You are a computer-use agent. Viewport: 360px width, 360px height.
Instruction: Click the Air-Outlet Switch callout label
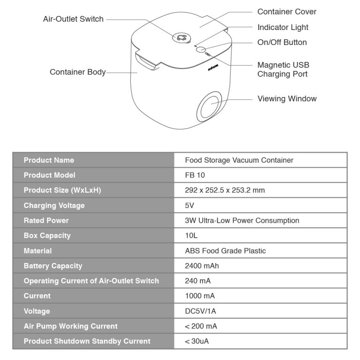point(73,19)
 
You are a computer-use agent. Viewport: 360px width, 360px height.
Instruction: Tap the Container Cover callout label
point(286,12)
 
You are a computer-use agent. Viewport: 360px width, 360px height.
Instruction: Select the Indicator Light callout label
point(283,28)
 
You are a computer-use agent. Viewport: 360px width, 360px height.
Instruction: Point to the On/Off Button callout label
point(282,42)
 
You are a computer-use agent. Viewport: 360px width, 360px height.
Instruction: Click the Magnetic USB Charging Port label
point(283,69)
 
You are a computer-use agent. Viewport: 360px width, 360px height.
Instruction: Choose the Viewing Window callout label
point(287,99)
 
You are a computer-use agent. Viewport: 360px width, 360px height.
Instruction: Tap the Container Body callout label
point(78,72)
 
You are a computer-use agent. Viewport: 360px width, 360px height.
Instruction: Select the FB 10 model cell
point(195,175)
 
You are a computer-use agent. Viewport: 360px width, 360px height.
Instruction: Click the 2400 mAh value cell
point(202,266)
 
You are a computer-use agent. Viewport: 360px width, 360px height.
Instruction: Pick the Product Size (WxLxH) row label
point(62,190)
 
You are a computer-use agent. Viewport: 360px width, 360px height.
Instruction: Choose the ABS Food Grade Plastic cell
point(225,251)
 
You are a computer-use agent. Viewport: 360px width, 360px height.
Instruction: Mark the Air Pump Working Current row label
point(71,326)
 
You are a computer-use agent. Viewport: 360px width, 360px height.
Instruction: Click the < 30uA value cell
point(197,341)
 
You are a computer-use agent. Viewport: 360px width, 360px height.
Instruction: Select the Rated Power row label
point(46,220)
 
